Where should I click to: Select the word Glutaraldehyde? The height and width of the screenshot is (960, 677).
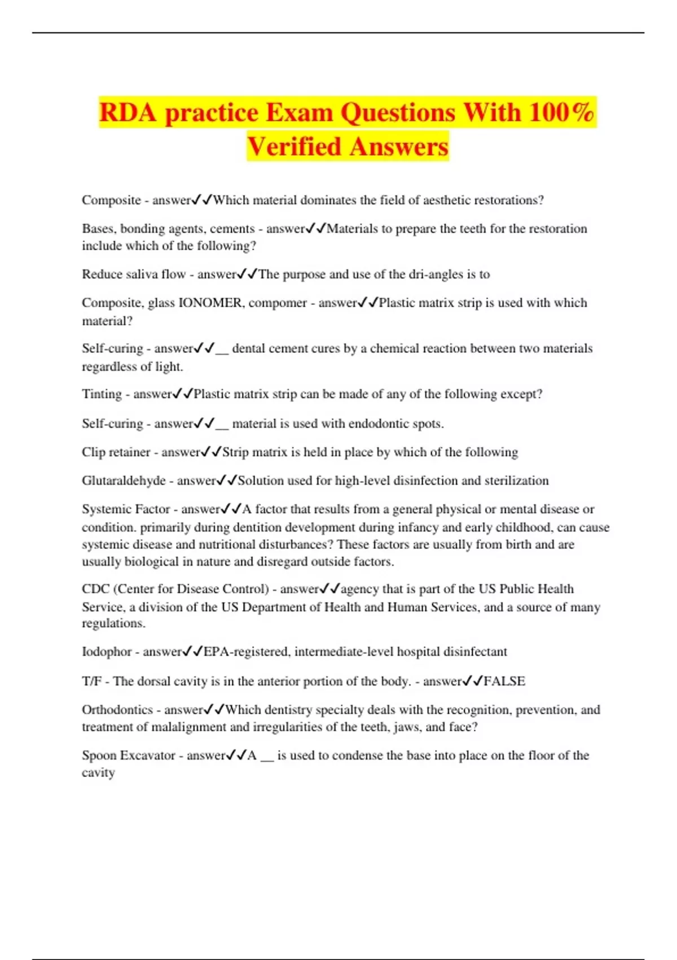click(124, 481)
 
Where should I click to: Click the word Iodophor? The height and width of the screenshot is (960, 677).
click(107, 652)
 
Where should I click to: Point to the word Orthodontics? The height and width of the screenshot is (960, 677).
click(117, 710)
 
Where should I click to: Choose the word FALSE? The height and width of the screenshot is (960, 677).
click(504, 682)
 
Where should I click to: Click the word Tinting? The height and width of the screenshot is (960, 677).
click(102, 394)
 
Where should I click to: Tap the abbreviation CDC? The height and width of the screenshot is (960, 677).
click(95, 589)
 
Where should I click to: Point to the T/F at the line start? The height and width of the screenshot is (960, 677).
click(91, 682)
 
